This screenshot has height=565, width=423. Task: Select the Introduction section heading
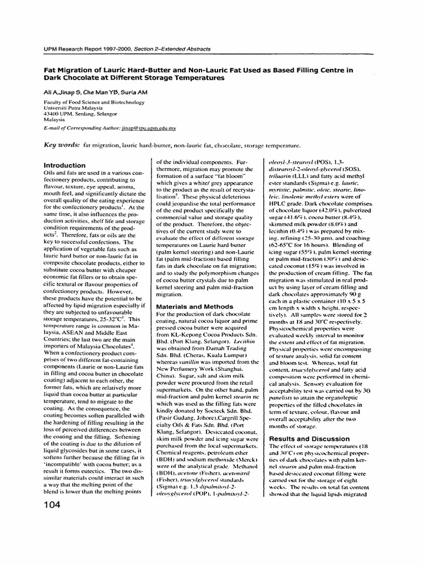[x=64, y=165]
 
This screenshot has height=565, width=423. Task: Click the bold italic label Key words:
[x=61, y=145]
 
